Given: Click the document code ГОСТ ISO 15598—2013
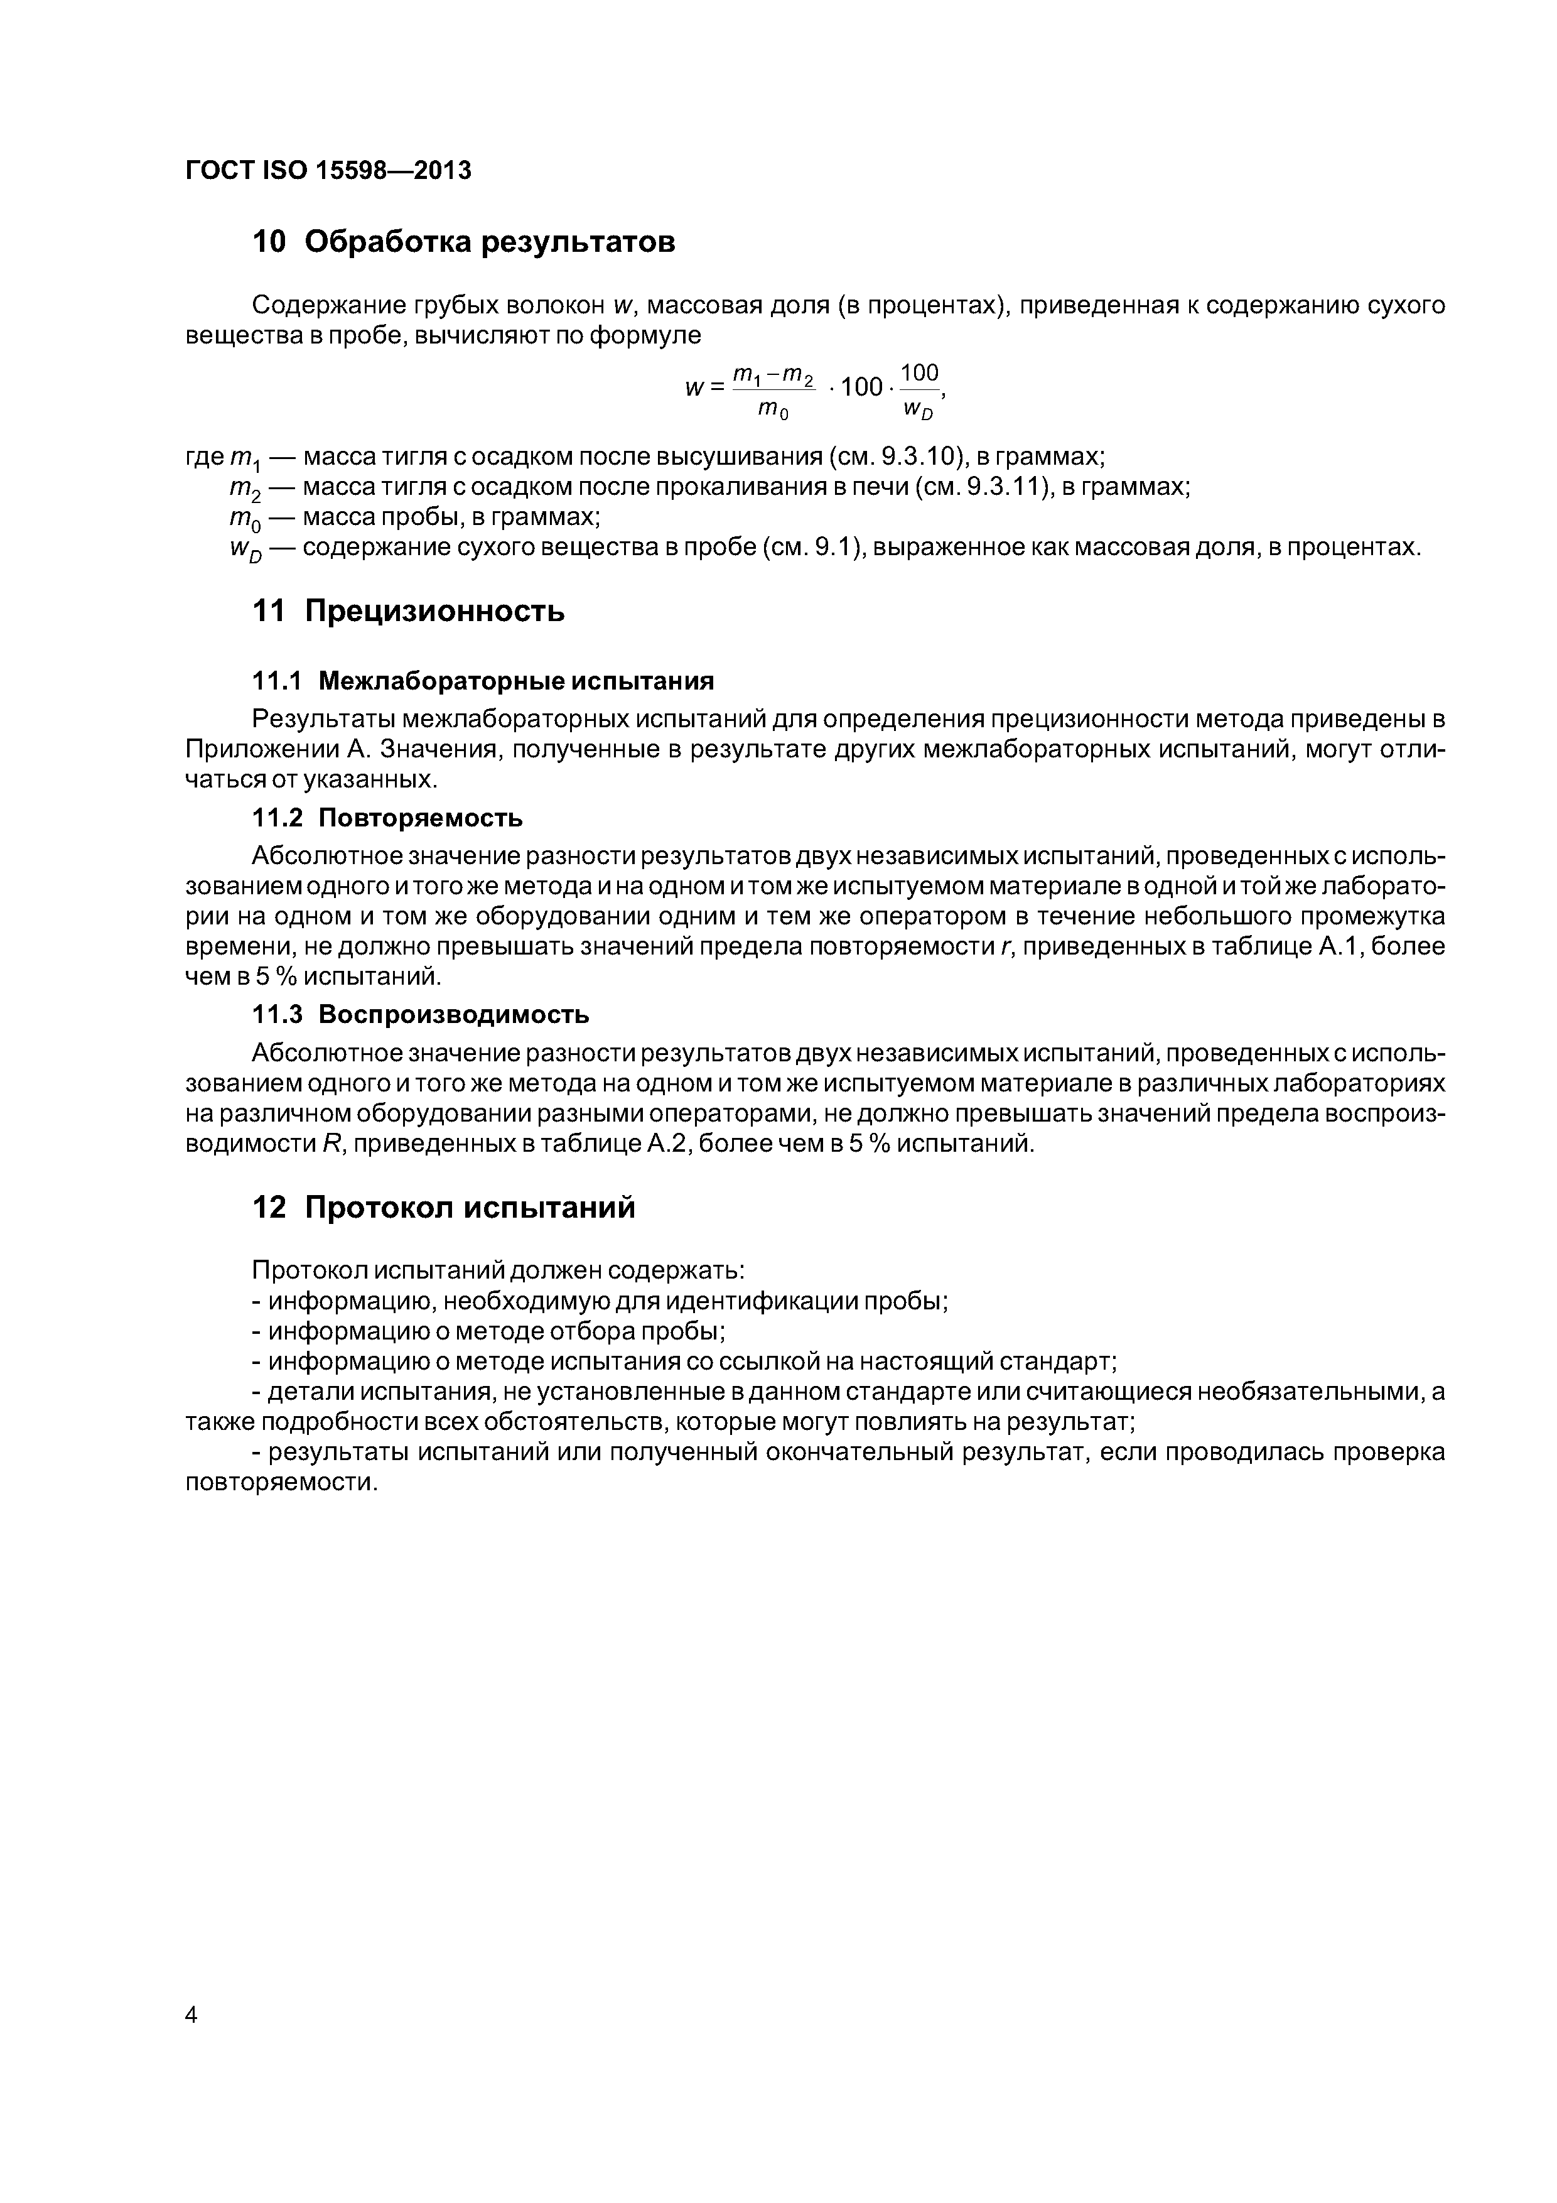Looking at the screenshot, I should click(x=328, y=171).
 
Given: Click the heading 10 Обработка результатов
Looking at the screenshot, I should click(x=463, y=243).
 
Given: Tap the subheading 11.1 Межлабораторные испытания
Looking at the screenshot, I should click(x=483, y=681).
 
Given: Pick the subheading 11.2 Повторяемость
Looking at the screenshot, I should click(x=387, y=818).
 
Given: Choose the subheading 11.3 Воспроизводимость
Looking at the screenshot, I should click(x=420, y=1014).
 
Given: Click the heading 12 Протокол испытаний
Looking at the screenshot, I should click(x=443, y=1207).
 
